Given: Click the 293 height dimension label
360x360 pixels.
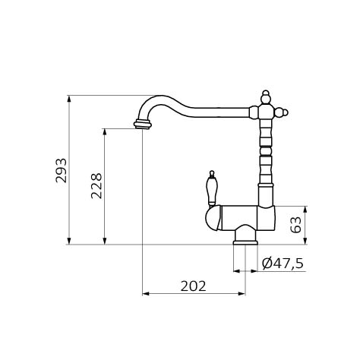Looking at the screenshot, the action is point(62,170).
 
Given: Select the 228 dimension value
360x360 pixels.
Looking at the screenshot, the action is point(96,186).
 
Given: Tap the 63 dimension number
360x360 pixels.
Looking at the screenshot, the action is point(296,225).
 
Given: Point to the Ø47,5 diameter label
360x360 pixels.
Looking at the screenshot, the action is point(283,264).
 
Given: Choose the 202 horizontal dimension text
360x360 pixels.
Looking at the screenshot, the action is point(194,286).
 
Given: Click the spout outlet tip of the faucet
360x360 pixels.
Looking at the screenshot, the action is point(143,125).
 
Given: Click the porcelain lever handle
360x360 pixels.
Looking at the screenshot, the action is point(212,188).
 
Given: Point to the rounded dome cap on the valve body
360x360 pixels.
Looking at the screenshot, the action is point(213,218).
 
